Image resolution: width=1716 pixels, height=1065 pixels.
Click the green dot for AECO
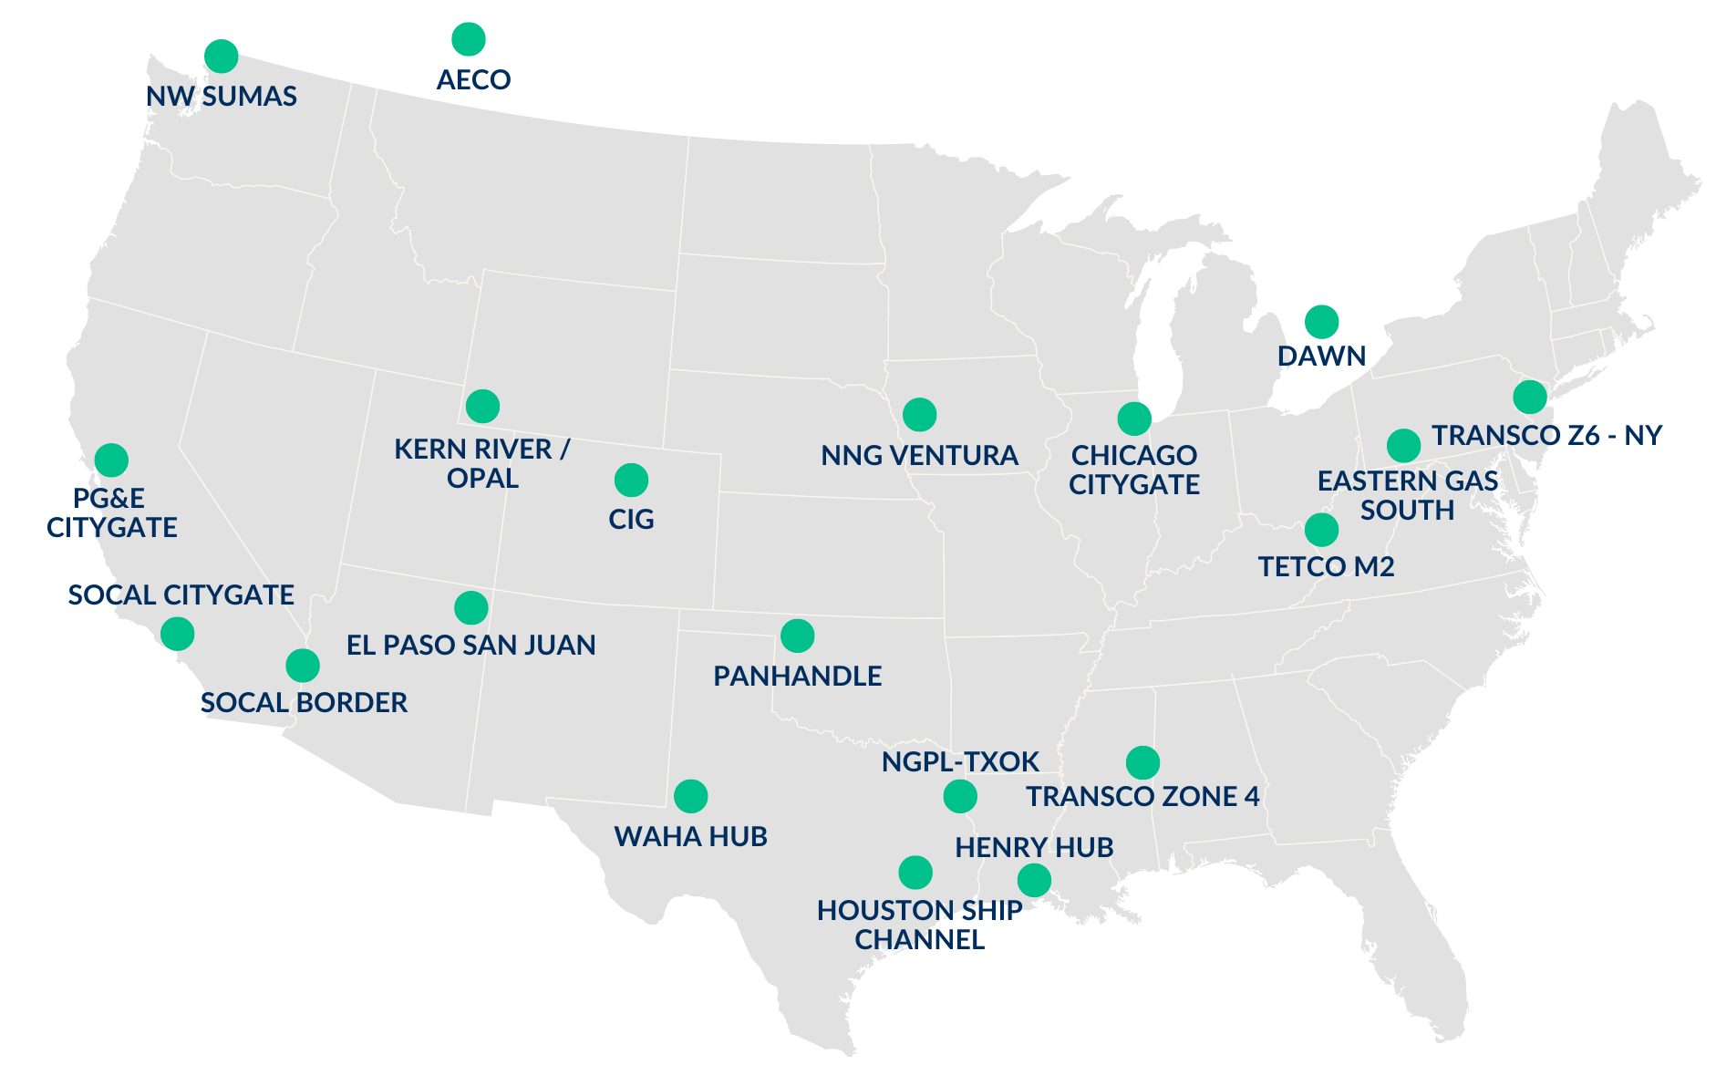[x=469, y=39]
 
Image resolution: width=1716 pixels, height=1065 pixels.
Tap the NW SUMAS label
[x=222, y=97]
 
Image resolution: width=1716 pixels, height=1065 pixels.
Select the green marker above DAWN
[x=1321, y=321]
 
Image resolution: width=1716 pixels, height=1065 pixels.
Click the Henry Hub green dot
[x=1034, y=880]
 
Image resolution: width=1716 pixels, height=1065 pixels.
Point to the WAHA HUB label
[x=690, y=836]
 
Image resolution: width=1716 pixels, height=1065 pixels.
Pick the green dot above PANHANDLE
[x=797, y=636]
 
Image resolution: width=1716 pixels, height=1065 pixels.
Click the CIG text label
[x=631, y=520]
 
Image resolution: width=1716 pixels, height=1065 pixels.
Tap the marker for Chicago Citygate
[x=1134, y=419]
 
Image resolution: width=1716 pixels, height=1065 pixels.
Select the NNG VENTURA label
[x=919, y=455]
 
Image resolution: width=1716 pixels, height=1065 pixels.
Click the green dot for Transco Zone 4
[x=1142, y=761]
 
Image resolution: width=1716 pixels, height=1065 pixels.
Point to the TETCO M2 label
[x=1327, y=567]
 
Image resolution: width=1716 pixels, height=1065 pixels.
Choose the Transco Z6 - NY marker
[x=1530, y=397]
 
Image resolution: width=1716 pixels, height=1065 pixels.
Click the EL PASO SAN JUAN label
[x=470, y=646]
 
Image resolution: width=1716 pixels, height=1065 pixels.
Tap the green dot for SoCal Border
[x=303, y=666]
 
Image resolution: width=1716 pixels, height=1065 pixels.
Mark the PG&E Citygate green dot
[x=111, y=460]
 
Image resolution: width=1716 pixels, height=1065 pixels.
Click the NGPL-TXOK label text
[x=960, y=761]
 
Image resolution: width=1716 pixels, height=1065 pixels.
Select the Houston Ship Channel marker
[x=915, y=873]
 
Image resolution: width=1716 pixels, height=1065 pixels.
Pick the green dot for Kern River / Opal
[x=482, y=406]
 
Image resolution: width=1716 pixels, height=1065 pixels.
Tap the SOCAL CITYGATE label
[x=181, y=595]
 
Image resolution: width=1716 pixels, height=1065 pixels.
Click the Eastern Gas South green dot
[x=1403, y=445]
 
